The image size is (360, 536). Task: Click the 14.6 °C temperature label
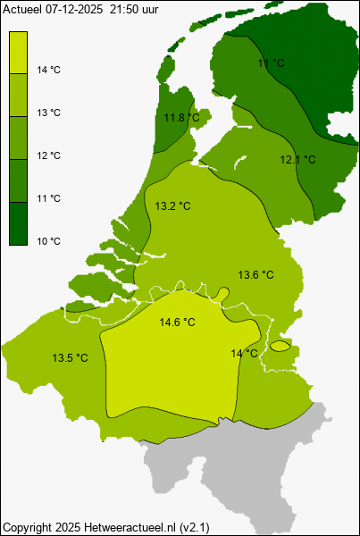(177, 322)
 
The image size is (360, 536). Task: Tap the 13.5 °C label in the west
(70, 358)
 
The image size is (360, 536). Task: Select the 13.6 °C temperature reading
(255, 274)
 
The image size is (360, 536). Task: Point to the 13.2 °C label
(173, 206)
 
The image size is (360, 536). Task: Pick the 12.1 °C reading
(298, 160)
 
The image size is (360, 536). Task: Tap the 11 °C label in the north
(271, 63)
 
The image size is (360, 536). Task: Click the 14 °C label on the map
(244, 354)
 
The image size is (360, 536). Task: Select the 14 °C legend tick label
(49, 70)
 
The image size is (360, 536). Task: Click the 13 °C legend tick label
(49, 113)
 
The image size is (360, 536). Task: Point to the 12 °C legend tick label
(49, 155)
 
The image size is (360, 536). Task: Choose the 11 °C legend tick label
(49, 198)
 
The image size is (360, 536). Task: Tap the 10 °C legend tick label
(49, 241)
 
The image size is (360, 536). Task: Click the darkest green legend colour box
(19, 223)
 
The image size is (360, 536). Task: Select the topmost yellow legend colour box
(19, 52)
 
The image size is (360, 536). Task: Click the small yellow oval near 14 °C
(280, 346)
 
